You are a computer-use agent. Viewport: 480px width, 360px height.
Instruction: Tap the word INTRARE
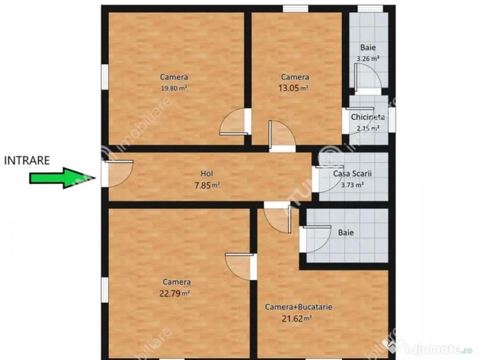click(x=27, y=160)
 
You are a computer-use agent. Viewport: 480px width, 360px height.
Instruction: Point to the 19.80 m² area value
click(x=174, y=89)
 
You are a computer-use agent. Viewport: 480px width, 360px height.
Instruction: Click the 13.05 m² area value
click(x=293, y=88)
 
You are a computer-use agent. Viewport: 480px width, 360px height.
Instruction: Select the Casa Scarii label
click(x=352, y=174)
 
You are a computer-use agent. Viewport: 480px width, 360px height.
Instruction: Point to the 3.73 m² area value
click(x=353, y=185)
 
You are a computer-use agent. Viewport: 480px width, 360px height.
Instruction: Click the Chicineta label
click(x=368, y=118)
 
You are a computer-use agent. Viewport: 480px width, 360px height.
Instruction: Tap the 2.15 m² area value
click(x=368, y=128)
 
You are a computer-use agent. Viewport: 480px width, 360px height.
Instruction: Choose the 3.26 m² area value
click(x=368, y=58)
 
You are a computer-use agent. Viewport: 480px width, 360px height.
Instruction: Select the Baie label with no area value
click(x=346, y=233)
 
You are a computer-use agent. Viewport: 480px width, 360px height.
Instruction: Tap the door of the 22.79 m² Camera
click(x=241, y=266)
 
